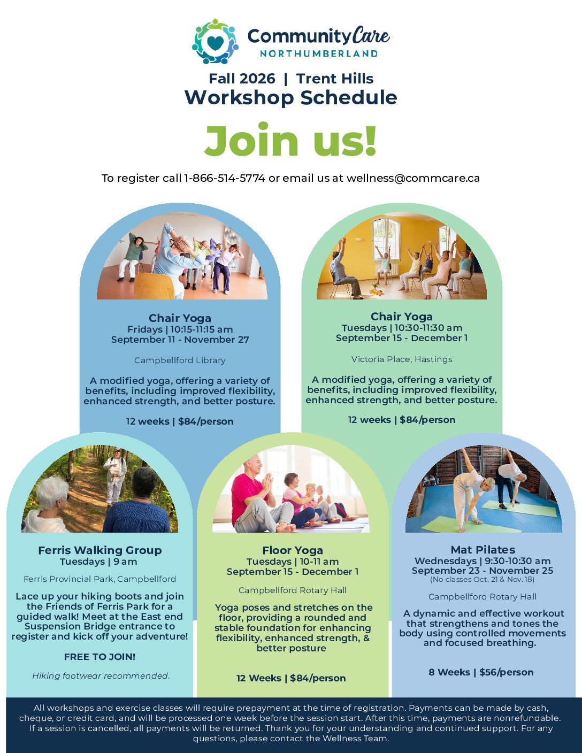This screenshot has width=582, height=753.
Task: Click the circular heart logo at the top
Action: click(x=215, y=41)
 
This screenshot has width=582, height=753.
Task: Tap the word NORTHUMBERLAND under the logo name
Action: click(x=319, y=53)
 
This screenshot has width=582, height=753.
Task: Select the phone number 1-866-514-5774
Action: click(x=225, y=178)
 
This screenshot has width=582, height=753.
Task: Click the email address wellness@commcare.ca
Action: click(x=413, y=178)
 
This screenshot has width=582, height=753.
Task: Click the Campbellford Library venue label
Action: click(x=180, y=360)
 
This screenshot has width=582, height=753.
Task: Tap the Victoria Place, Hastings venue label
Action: click(x=402, y=359)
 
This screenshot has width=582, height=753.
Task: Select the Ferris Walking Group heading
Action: click(x=100, y=550)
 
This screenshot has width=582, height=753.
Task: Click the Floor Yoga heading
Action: click(x=293, y=550)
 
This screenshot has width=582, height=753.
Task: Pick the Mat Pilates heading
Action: click(x=483, y=550)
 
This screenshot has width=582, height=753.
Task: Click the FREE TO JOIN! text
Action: click(x=100, y=657)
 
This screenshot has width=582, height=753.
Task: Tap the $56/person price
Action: click(x=507, y=672)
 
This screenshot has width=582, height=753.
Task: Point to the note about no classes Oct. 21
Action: click(x=482, y=579)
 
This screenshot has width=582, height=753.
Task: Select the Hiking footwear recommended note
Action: click(x=101, y=676)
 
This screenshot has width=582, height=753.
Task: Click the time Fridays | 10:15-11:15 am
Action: click(x=180, y=329)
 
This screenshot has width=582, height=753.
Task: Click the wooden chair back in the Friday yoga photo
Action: click(x=154, y=286)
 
